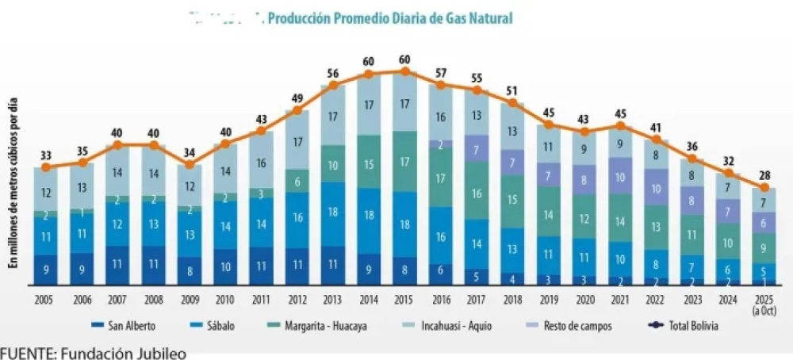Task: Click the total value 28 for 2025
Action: click(x=764, y=174)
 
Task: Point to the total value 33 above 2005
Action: click(x=47, y=155)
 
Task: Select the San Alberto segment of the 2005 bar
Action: click(x=47, y=270)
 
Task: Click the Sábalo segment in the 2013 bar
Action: click(x=333, y=213)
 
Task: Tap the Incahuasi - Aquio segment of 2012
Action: click(x=297, y=142)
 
